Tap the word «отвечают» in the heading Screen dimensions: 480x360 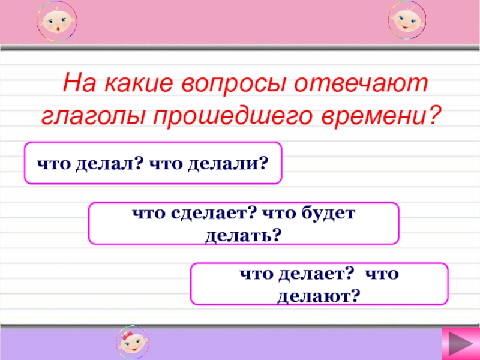point(361,83)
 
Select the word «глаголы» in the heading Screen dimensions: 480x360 point(93,116)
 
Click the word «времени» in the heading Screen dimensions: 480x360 point(373,116)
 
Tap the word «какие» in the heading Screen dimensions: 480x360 point(139,83)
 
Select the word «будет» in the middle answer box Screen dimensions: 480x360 point(328,213)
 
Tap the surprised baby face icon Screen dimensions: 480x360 point(57,22)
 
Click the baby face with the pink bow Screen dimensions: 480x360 point(133,342)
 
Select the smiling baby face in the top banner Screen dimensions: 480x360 point(407,20)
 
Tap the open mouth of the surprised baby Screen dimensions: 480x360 point(58,29)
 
